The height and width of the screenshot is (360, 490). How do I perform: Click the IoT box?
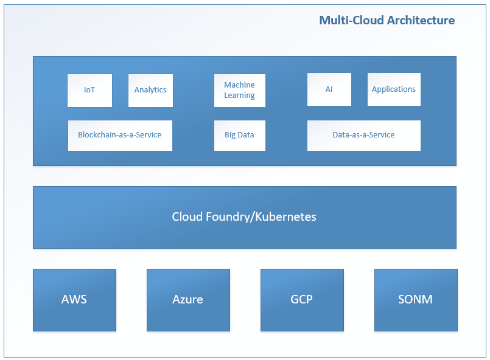[89, 91]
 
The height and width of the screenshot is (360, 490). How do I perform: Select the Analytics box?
[150, 91]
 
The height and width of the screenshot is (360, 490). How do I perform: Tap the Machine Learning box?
[240, 91]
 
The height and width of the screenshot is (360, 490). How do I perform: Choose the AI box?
[329, 89]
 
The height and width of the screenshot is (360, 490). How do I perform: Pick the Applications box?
[394, 89]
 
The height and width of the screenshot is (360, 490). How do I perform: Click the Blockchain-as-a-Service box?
[120, 136]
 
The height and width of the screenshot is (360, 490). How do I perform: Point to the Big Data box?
[240, 136]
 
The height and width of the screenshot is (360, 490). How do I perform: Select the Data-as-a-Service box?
[364, 136]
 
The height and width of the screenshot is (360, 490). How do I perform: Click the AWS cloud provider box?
[74, 300]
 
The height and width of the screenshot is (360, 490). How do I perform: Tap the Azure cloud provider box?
[188, 300]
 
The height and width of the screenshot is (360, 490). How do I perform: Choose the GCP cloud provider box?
[302, 300]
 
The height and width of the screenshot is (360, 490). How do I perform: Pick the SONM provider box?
[416, 300]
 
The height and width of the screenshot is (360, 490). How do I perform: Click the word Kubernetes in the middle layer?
[285, 216]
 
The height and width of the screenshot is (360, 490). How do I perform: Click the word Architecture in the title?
[421, 20]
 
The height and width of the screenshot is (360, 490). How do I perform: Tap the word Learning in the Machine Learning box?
[239, 95]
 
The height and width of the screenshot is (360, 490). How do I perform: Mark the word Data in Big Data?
[246, 134]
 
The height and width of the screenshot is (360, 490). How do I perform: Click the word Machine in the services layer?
[239, 85]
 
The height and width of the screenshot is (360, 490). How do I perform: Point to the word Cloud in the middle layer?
[187, 216]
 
